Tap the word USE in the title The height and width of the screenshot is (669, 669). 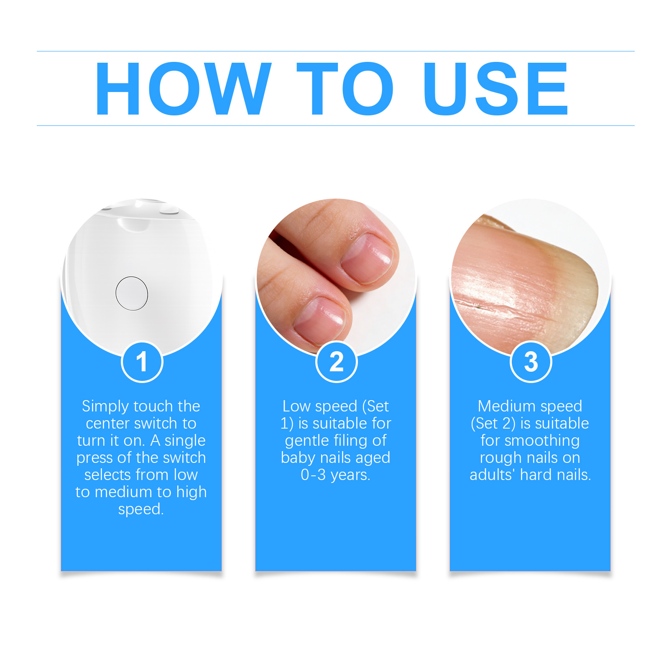(x=495, y=88)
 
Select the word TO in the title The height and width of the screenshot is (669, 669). (x=345, y=88)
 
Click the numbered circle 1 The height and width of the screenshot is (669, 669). (x=142, y=362)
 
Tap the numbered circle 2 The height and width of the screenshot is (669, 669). (x=337, y=362)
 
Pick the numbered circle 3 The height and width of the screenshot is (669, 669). (x=531, y=362)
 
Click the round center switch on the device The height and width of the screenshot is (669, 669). (x=132, y=293)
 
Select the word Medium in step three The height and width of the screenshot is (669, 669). (x=506, y=406)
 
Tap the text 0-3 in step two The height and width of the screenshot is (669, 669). (x=313, y=475)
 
